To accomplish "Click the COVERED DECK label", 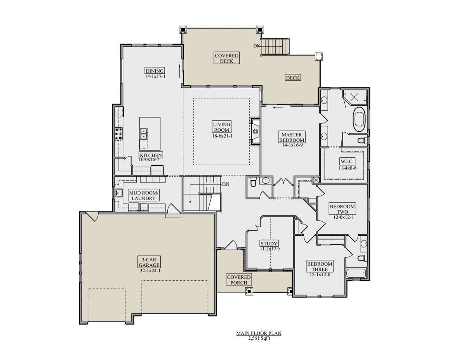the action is pos(226,58).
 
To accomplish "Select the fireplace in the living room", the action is pos(255,131).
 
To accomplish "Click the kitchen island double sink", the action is pos(144,134).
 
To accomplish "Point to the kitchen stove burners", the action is pos(118,134).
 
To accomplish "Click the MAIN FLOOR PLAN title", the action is pos(259,333).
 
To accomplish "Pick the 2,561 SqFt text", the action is pos(259,338).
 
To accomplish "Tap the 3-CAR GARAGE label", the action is pos(149,262).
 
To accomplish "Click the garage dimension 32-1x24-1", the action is pos(150,271).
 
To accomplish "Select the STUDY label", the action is pos(269,243).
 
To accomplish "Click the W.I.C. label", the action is pos(347,161).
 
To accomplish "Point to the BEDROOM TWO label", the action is pos(342,209).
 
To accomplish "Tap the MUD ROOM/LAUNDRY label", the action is pos(143,195).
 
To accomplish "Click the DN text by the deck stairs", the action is pos(257,46).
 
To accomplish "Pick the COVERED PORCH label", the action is pos(239,280).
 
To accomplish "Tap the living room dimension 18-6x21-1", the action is pos(222,136).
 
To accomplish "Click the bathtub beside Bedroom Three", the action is pos(356,273).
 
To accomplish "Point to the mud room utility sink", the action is pos(118,193).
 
